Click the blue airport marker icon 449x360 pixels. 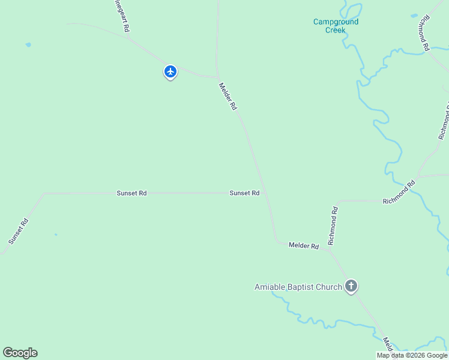coord(170,72)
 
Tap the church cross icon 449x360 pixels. coord(351,286)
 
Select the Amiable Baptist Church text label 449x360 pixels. coord(298,287)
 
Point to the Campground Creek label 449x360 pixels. coord(336,26)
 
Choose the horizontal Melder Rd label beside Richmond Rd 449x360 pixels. coord(303,245)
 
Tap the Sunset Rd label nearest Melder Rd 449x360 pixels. coord(244,193)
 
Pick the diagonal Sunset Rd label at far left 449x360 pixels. coord(19,231)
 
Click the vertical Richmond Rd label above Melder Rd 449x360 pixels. coord(333,226)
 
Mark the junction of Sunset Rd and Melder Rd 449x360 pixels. coord(265,193)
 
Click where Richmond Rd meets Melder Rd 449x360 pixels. coord(328,247)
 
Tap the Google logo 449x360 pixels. coord(20,353)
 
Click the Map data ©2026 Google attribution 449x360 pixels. coord(412,355)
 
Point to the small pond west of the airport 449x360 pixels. coord(28,44)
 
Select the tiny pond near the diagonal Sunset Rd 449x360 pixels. coord(56,235)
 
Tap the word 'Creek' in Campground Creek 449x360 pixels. coord(336,30)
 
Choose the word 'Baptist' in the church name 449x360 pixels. coord(298,287)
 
